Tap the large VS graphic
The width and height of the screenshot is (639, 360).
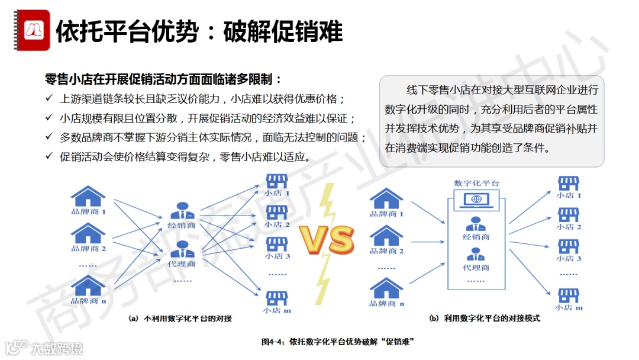click(326, 239)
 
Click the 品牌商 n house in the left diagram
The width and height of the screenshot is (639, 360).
click(88, 285)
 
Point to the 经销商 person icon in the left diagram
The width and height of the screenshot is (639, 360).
click(182, 211)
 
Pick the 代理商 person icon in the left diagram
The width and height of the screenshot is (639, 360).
click(182, 249)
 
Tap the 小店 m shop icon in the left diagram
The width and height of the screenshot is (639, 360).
click(276, 297)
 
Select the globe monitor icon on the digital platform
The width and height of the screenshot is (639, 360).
click(476, 200)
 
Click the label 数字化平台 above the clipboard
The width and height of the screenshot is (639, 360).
click(476, 183)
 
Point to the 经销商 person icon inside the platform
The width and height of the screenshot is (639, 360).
click(476, 224)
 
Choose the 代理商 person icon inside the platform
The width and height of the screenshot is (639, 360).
click(476, 255)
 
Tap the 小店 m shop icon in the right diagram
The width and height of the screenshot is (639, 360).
click(569, 295)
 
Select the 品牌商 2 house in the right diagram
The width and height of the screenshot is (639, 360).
click(386, 236)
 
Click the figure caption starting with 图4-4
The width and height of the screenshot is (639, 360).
click(337, 342)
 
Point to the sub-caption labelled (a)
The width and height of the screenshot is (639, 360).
click(180, 319)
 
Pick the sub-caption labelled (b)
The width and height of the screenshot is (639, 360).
click(485, 319)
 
